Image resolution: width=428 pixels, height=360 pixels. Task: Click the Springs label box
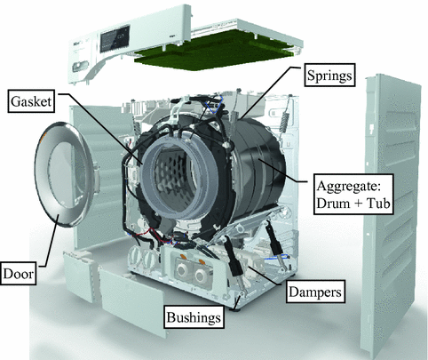(x=329, y=76)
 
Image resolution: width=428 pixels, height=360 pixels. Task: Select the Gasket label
(x=31, y=101)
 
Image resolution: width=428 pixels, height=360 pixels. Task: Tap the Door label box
(x=19, y=274)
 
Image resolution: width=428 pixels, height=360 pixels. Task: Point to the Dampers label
(x=315, y=292)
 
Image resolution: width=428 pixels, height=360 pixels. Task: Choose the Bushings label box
(x=194, y=317)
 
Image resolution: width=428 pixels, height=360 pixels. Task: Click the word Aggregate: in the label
(x=348, y=187)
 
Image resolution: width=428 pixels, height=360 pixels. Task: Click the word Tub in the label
(x=378, y=204)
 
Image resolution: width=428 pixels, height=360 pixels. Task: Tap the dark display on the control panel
(x=115, y=39)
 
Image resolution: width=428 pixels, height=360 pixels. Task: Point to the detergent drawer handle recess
(x=81, y=65)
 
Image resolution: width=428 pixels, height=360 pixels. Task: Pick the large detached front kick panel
(x=131, y=300)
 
